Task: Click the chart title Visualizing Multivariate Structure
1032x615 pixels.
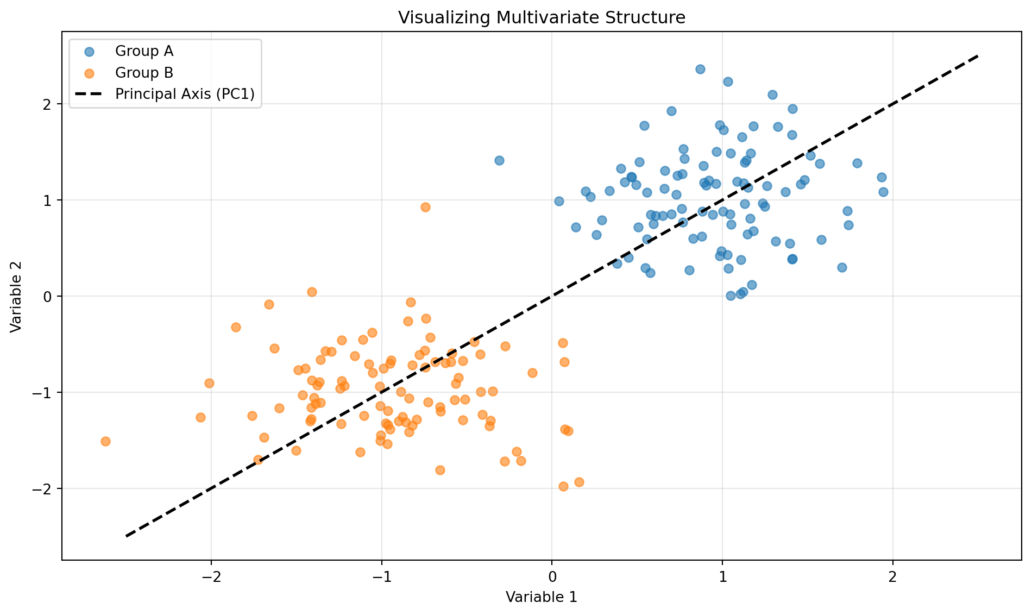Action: click(542, 18)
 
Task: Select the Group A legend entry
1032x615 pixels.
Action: click(144, 52)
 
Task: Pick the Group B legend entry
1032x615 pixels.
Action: click(144, 73)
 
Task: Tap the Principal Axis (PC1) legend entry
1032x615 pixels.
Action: click(185, 94)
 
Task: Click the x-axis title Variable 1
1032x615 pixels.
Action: click(541, 598)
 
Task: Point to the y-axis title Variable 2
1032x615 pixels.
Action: click(16, 296)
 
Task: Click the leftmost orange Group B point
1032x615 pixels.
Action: click(105, 441)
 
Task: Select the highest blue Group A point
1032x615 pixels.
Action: click(700, 69)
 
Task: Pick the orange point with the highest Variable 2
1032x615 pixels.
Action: click(425, 207)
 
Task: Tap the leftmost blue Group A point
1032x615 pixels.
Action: click(499, 160)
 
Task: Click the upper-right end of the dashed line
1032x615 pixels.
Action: click(978, 56)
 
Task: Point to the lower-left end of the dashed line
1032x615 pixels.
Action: click(126, 536)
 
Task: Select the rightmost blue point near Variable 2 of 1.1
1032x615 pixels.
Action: click(883, 192)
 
